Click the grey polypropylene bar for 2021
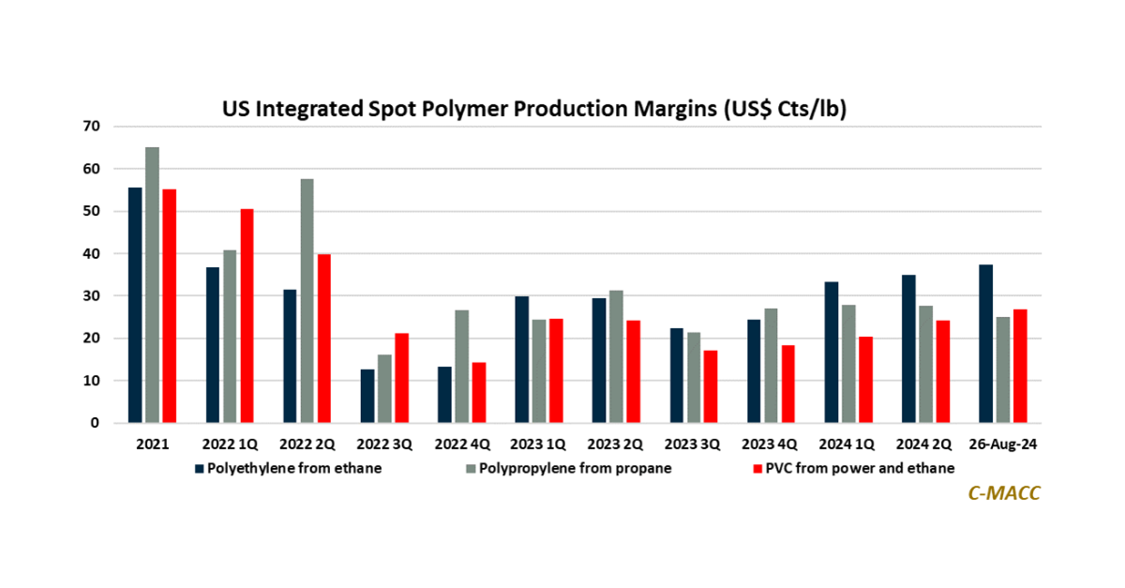(x=153, y=285)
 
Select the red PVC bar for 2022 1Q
(x=247, y=316)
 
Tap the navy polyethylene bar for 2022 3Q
(x=367, y=397)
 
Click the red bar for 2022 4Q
(x=478, y=393)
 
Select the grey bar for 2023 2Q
(x=616, y=357)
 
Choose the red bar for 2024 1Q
(x=864, y=380)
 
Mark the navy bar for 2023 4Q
(x=753, y=371)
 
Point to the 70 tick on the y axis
(x=93, y=126)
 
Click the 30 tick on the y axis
(x=93, y=295)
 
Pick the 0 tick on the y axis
(x=96, y=424)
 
